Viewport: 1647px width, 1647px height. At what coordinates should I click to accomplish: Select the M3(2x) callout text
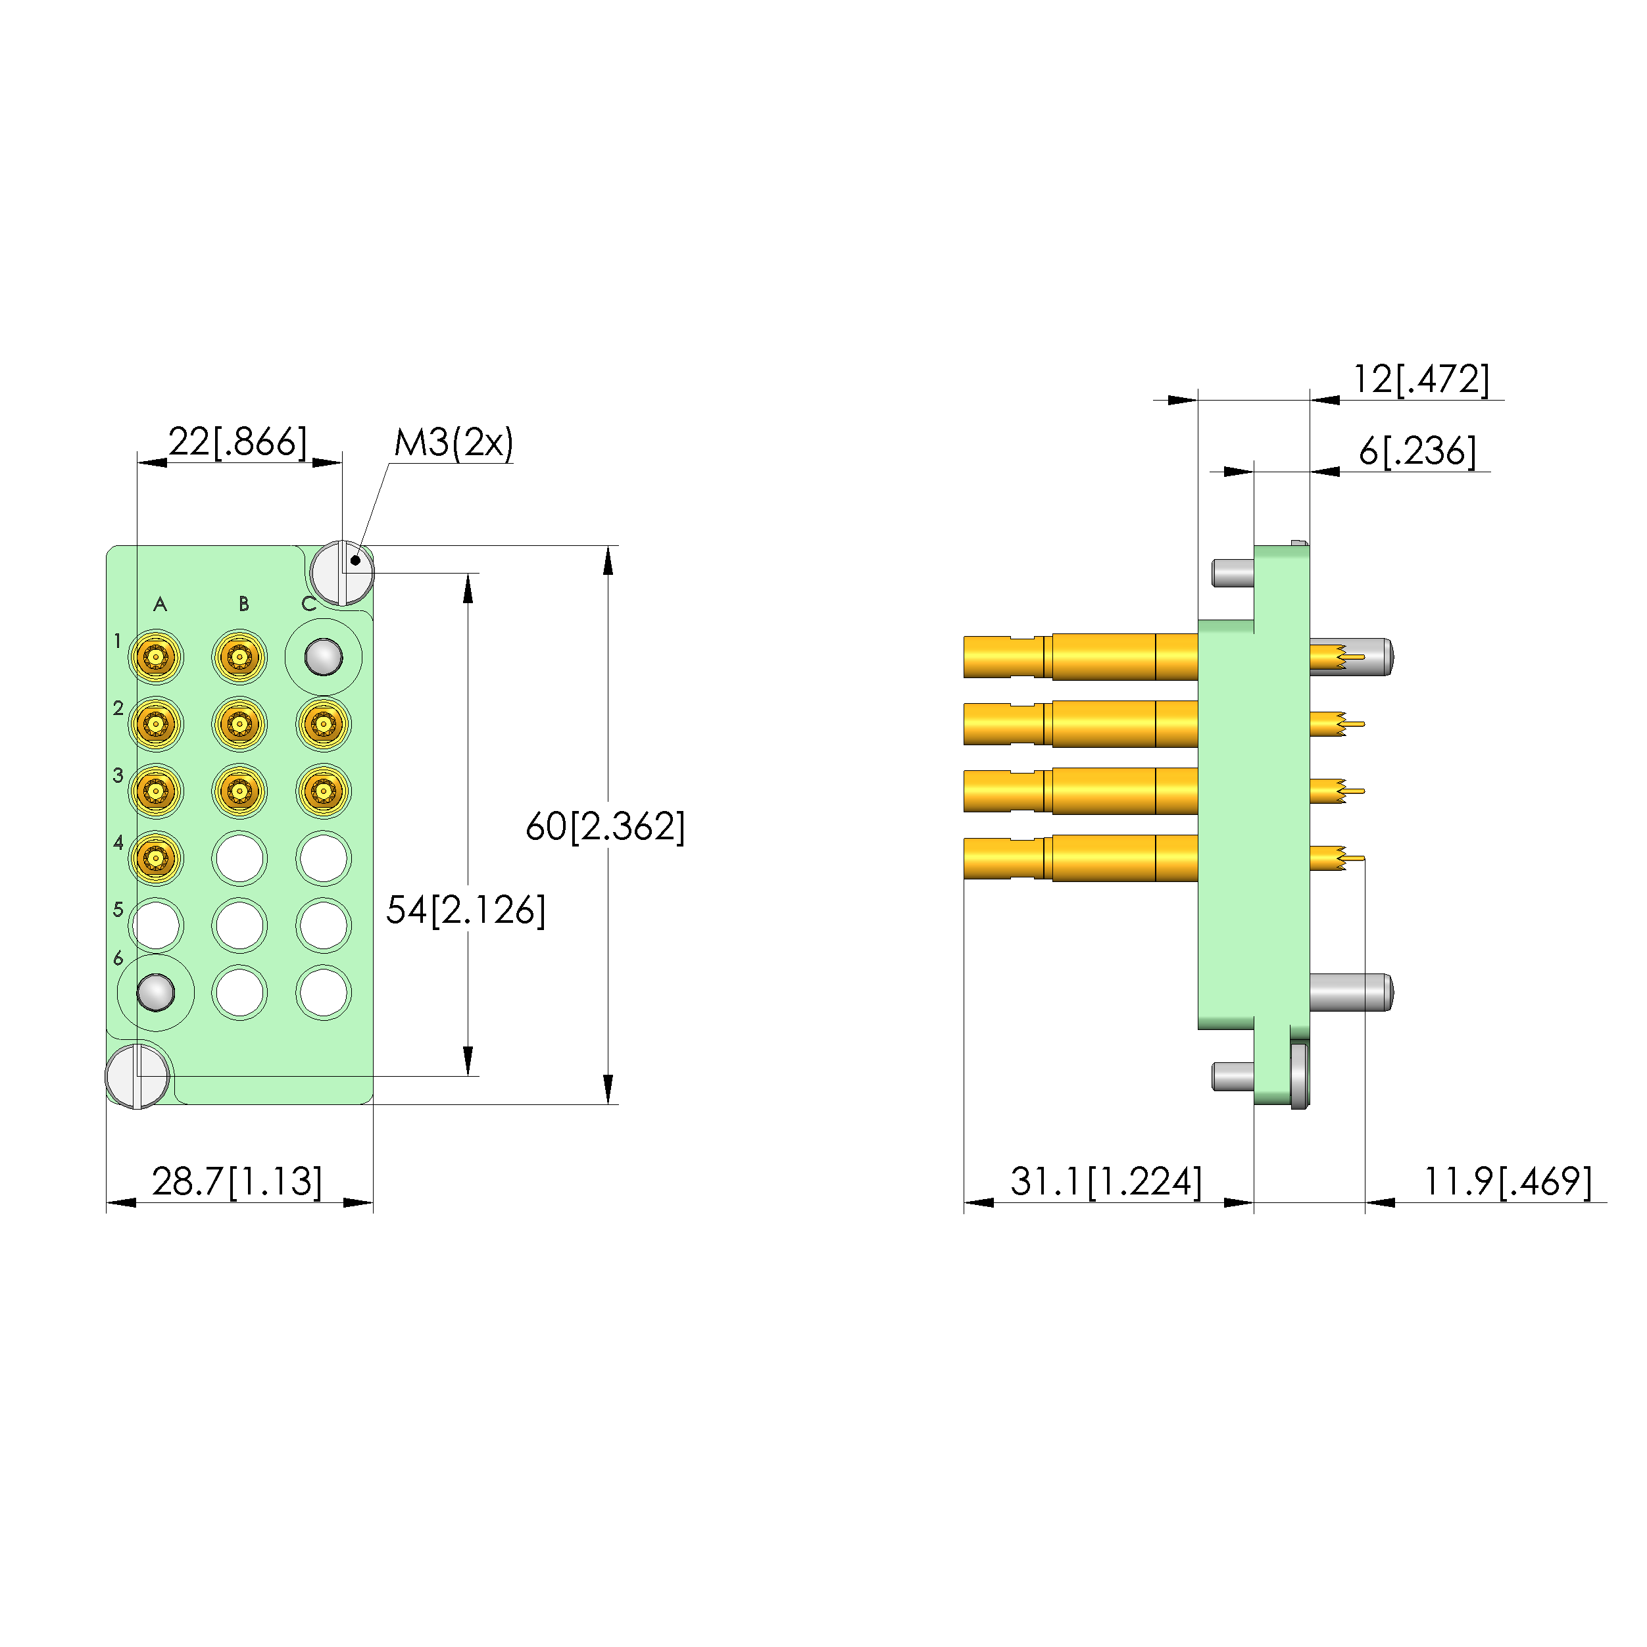point(454,443)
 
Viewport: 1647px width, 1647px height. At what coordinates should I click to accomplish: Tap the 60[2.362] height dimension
point(604,826)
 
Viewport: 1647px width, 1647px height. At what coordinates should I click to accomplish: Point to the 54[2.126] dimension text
point(466,910)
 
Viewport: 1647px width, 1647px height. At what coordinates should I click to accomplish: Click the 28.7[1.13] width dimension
point(237,1181)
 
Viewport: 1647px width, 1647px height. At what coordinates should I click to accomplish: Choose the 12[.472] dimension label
point(1421,378)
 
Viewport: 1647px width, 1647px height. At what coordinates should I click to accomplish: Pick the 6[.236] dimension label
point(1417,451)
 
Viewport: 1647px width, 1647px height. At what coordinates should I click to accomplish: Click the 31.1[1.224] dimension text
point(1106,1181)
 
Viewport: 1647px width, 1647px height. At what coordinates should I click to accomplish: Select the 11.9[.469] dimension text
point(1507,1181)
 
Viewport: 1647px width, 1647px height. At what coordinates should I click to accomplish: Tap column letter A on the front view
point(159,604)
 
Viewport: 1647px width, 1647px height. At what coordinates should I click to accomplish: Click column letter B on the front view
point(244,604)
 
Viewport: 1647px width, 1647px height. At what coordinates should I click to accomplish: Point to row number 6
point(118,958)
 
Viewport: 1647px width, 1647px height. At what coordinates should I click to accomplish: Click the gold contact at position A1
point(156,657)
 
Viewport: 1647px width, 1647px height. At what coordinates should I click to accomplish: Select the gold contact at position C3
point(323,791)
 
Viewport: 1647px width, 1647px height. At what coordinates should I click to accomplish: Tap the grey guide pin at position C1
point(323,657)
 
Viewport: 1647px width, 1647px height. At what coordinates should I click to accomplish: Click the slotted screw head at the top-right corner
point(342,573)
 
